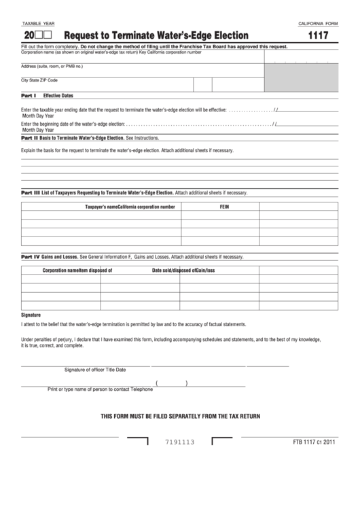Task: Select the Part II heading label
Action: (x=30, y=137)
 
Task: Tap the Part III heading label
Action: (x=31, y=193)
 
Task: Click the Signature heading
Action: (x=31, y=315)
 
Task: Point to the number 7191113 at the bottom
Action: (x=180, y=442)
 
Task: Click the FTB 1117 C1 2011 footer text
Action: (x=314, y=442)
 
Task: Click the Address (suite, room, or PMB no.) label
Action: (x=52, y=66)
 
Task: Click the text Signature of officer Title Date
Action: (x=95, y=370)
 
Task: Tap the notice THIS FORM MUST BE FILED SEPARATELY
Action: (x=180, y=415)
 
